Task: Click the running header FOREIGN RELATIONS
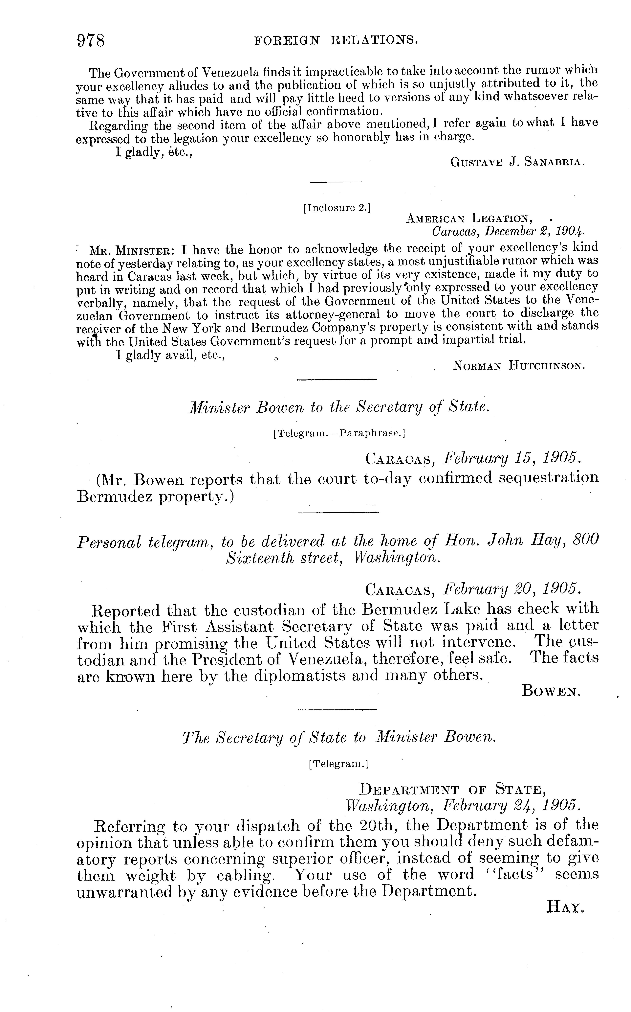pos(336,40)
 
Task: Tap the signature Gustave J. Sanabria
pos(517,162)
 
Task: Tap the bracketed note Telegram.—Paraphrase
pos(339,433)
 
